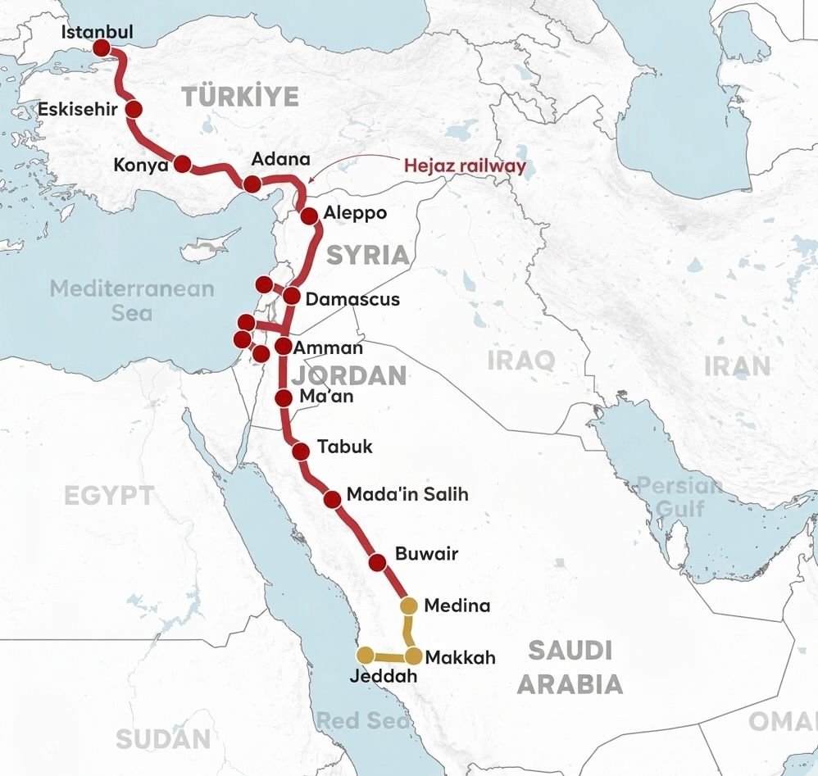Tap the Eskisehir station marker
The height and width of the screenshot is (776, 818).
[134, 111]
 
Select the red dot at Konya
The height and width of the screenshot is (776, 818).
[182, 164]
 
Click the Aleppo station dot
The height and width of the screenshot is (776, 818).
[309, 216]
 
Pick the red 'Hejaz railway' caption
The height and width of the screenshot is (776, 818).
[465, 166]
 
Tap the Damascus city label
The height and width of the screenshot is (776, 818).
[352, 299]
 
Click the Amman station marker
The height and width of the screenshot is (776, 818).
[283, 347]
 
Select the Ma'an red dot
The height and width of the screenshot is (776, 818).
[284, 398]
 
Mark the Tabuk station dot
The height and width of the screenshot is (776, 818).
[301, 449]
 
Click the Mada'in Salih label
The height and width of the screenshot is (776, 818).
[407, 495]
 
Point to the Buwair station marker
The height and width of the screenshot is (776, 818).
[377, 562]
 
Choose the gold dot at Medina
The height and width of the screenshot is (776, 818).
[408, 606]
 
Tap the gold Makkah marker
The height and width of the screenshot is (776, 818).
[413, 656]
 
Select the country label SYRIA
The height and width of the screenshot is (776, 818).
[368, 255]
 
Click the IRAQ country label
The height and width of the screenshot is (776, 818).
[520, 360]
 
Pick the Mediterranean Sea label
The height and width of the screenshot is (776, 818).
[131, 300]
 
